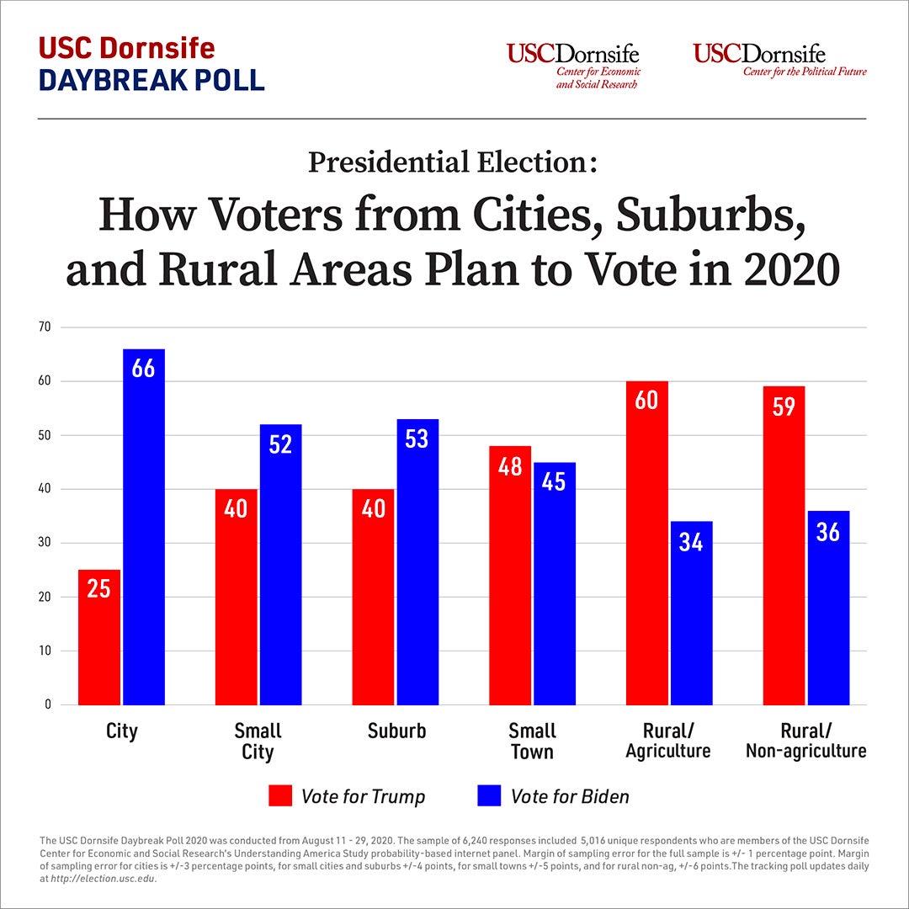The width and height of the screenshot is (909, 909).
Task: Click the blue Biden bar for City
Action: pos(144,526)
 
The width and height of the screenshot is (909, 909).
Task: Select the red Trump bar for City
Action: pos(99,637)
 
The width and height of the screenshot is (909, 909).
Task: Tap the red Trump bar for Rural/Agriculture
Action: pos(647,543)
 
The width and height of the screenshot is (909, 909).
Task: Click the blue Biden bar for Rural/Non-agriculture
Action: pos(828,608)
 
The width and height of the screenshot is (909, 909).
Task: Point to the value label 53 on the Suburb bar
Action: pos(417,439)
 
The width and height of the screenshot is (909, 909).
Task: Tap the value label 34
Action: pos(691,541)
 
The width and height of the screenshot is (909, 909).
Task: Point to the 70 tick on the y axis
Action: pos(45,327)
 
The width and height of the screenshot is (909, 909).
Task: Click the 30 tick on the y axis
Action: pos(45,543)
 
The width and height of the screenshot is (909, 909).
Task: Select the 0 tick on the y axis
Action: pos(48,704)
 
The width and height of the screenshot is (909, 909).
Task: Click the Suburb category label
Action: pos(396,731)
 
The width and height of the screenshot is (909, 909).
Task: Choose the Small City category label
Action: pos(258,741)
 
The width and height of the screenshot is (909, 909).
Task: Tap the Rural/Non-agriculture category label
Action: pos(805,741)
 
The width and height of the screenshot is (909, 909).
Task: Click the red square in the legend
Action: pos(280,795)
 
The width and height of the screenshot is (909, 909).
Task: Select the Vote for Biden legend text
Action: pos(570,796)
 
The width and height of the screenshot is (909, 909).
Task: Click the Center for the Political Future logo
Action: pos(779,60)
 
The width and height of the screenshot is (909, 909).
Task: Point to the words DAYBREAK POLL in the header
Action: pos(152,79)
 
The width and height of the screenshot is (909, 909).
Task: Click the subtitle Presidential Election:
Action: pos(453,162)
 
